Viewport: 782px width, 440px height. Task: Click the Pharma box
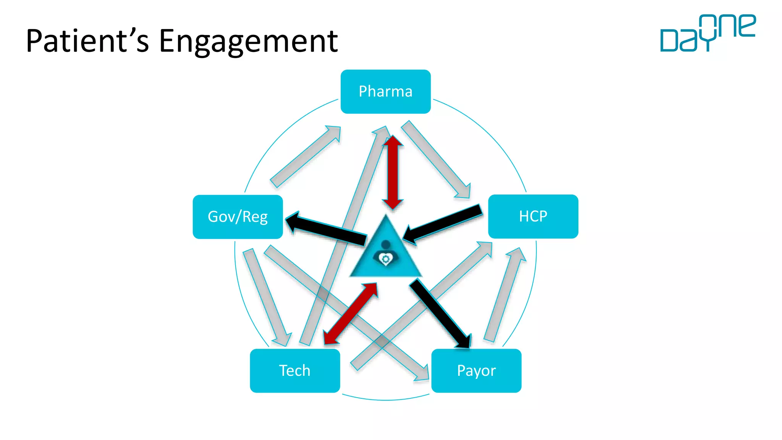pos(385,92)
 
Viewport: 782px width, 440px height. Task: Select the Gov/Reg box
pos(238,217)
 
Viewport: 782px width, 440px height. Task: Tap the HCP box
pos(533,217)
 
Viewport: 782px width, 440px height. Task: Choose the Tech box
pos(295,370)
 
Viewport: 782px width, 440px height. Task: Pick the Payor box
pos(476,370)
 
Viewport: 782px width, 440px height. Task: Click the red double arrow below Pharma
pos(393,172)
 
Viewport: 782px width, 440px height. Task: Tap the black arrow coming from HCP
pos(443,224)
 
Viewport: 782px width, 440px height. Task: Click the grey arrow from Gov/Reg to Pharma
pos(305,157)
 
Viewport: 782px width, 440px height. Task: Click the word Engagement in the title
pos(248,41)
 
